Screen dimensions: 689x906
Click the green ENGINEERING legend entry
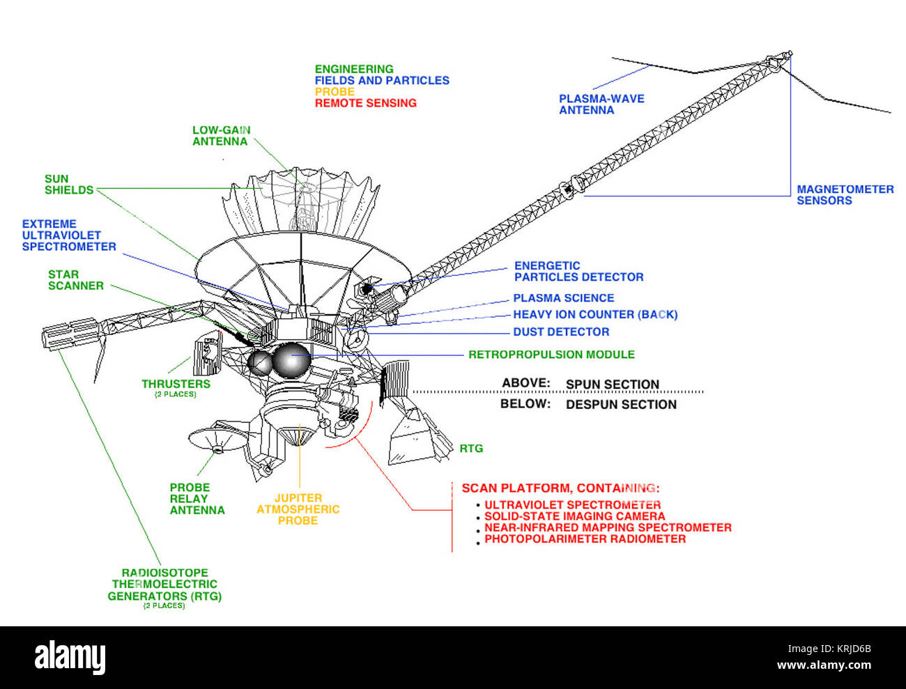[354, 69]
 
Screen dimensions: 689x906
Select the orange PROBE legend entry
[335, 91]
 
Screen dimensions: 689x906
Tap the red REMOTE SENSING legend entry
[365, 103]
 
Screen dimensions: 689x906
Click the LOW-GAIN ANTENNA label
[220, 135]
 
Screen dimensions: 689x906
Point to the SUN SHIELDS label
[69, 185]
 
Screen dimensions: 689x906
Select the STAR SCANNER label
[75, 280]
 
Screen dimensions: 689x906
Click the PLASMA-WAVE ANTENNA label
[601, 104]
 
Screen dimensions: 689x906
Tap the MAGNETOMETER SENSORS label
[845, 195]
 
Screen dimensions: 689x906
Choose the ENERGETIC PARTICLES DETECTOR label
[578, 271]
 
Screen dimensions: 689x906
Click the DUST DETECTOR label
[561, 332]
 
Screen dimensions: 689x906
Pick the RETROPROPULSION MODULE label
[551, 355]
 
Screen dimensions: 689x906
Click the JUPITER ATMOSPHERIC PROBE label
[298, 509]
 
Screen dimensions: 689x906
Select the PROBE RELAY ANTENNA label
[197, 499]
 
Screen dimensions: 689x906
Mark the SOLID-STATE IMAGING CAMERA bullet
[574, 516]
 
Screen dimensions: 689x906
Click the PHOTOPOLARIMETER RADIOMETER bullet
[585, 539]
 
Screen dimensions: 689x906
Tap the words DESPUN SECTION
[620, 404]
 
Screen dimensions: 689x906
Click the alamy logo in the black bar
[70, 657]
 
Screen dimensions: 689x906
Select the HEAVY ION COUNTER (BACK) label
[595, 315]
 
